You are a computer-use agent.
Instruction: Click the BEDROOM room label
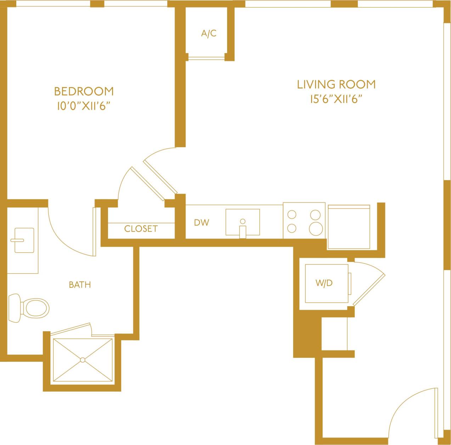[x=84, y=91]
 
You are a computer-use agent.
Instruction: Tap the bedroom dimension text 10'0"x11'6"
[x=82, y=106]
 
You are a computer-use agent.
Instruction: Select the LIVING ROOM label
[x=336, y=84]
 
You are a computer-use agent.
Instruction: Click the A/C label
[x=209, y=34]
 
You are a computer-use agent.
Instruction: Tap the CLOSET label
[x=141, y=229]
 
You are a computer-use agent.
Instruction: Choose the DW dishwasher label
[x=201, y=223]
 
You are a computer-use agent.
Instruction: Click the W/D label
[x=324, y=283]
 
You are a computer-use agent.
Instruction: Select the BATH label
[x=80, y=285]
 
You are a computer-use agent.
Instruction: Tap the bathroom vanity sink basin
[x=24, y=240]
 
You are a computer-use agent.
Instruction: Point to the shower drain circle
[x=83, y=360]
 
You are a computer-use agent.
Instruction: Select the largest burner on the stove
[x=316, y=228]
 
